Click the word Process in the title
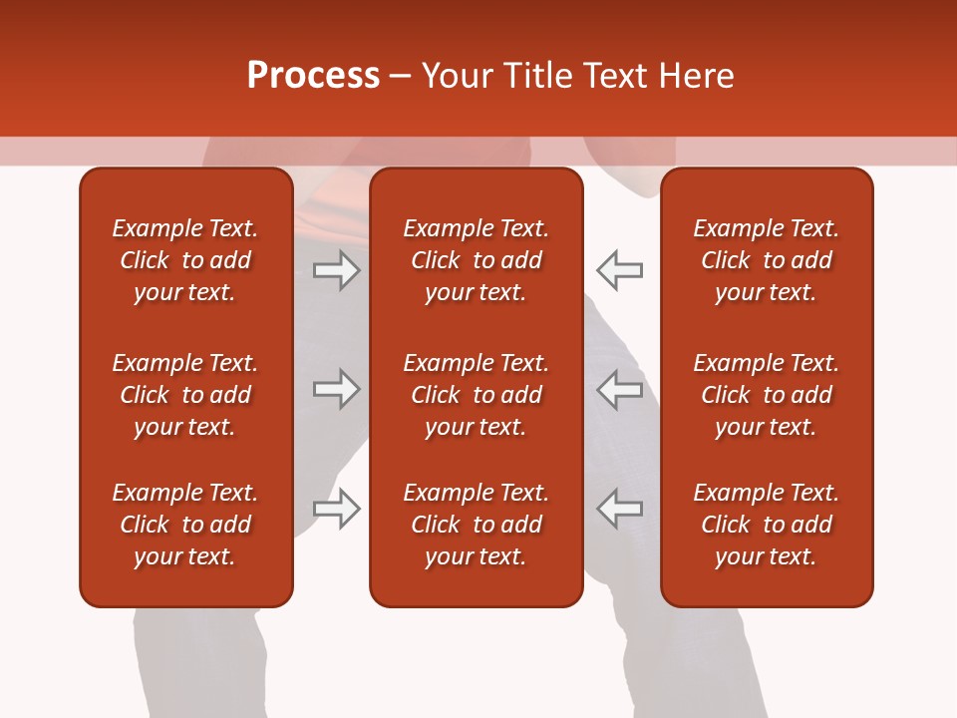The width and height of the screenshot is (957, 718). (313, 76)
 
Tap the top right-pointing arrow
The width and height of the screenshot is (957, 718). (337, 270)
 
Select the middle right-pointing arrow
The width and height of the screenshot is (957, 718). (337, 389)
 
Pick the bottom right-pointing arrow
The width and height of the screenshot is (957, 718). (337, 509)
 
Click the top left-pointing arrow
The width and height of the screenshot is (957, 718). (619, 270)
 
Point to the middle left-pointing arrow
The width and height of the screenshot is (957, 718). (619, 389)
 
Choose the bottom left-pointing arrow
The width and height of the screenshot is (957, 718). (619, 509)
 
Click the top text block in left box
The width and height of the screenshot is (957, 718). (185, 260)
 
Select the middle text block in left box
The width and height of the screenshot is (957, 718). (185, 395)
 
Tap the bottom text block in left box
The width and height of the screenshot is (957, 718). (185, 525)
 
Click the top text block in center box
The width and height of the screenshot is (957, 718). (476, 260)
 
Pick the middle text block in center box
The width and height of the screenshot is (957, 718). (476, 395)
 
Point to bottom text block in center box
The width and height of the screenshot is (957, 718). (476, 525)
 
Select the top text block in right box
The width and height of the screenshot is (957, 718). (766, 260)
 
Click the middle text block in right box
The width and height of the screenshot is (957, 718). (766, 395)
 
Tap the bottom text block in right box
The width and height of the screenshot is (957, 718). (766, 525)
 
